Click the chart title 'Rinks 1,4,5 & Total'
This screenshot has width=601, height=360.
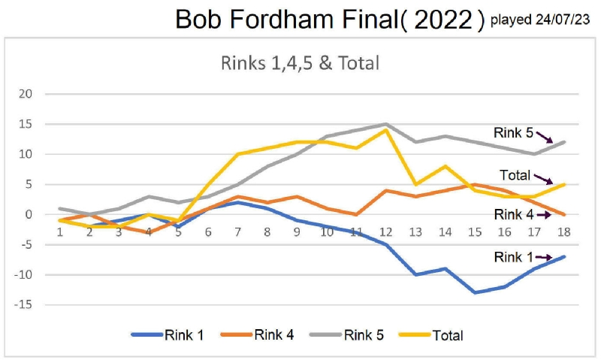tap(300, 62)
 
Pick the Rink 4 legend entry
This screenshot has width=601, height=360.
tap(259, 335)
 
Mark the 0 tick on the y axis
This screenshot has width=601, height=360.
tap(29, 214)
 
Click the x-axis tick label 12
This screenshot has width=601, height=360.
tap(386, 231)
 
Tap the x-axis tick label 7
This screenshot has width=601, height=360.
tap(237, 231)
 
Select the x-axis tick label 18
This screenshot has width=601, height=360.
tap(563, 231)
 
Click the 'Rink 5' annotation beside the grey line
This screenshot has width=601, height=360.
tap(513, 132)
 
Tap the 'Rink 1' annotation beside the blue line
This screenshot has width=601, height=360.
tap(514, 257)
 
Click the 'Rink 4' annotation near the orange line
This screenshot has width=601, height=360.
tap(514, 214)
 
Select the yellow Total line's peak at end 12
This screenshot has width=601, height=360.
tap(386, 130)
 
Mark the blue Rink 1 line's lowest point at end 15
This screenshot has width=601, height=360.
tap(475, 292)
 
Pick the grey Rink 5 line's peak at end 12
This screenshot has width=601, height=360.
tap(386, 124)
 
